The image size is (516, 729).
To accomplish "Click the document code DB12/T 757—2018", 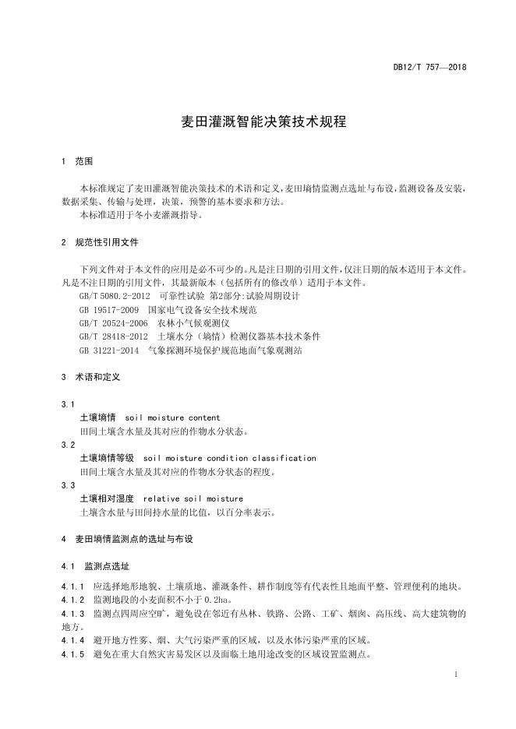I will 429,68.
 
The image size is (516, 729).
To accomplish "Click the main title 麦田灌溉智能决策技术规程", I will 258,122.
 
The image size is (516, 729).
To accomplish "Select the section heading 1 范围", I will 76,161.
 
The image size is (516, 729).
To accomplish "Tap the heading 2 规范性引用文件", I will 99,242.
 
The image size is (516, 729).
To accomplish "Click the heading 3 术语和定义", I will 90,377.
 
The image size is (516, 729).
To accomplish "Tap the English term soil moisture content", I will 172,417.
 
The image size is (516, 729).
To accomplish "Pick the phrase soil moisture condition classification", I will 230,458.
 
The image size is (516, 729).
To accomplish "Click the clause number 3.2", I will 68,445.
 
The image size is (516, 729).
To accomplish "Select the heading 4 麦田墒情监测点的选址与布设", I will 126,539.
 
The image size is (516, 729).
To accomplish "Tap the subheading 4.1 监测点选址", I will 95,566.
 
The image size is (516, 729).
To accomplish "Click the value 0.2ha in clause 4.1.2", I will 217,600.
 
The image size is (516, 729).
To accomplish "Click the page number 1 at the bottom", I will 455,672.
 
